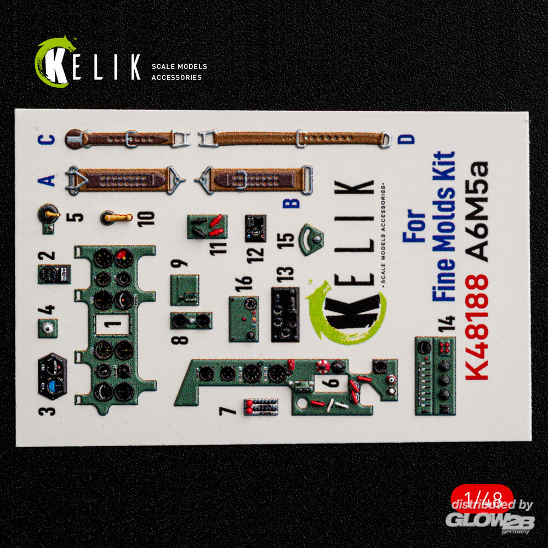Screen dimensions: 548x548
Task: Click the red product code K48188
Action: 477,327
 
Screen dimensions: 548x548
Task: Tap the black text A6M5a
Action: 477,212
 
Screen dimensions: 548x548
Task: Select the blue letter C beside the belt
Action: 47,139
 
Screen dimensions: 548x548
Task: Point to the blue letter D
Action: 406,139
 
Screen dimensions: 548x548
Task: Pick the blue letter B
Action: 291,203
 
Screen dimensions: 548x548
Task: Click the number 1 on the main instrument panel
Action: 112,324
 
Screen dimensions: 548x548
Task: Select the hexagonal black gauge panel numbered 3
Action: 53,376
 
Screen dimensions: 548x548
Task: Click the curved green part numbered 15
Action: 311,239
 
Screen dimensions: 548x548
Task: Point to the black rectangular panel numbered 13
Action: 285,314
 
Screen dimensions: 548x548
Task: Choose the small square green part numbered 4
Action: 48,328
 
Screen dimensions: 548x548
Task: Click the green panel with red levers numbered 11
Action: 207,227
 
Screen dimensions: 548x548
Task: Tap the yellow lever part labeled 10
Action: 116,218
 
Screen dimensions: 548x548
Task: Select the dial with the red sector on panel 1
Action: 124,258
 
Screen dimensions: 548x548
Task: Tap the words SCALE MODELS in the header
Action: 179,66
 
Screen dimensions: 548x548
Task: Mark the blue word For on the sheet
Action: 414,226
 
